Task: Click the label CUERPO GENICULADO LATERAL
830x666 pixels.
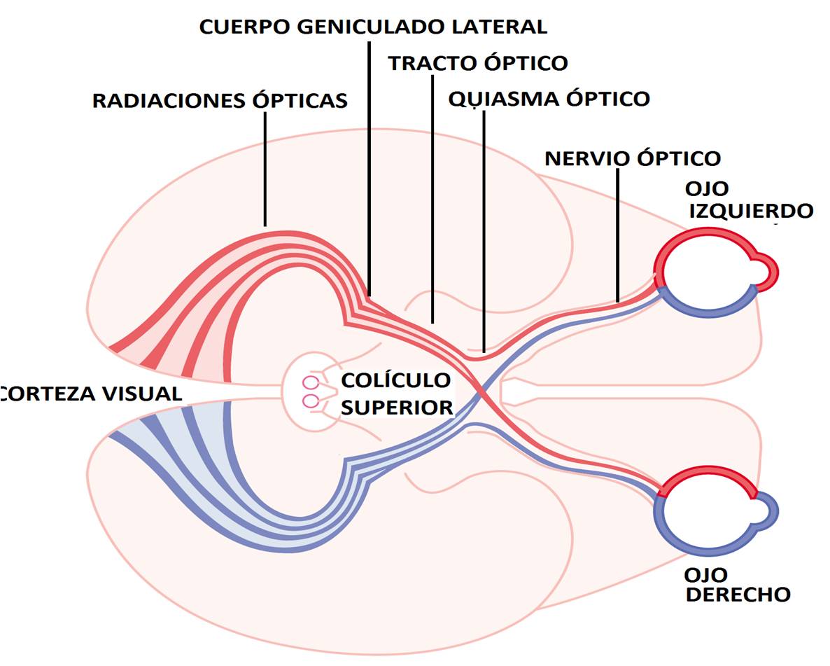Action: pos(372,27)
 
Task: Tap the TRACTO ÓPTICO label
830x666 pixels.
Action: pos(478,63)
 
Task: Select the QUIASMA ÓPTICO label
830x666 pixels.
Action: pos(549,99)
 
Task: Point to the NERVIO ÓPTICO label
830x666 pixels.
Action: pos(633,158)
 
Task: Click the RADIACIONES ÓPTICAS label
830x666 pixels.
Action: pos(220,101)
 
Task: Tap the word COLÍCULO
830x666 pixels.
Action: pos(395,381)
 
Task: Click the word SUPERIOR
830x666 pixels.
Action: pos(397,407)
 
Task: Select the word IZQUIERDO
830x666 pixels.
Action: pos(751,211)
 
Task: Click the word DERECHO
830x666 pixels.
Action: pos(738,595)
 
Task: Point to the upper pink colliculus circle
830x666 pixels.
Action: pos(311,383)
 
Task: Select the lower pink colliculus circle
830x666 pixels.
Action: pos(311,401)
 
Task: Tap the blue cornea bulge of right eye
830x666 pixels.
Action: pos(768,514)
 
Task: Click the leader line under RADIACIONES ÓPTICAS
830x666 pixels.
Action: pos(265,168)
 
